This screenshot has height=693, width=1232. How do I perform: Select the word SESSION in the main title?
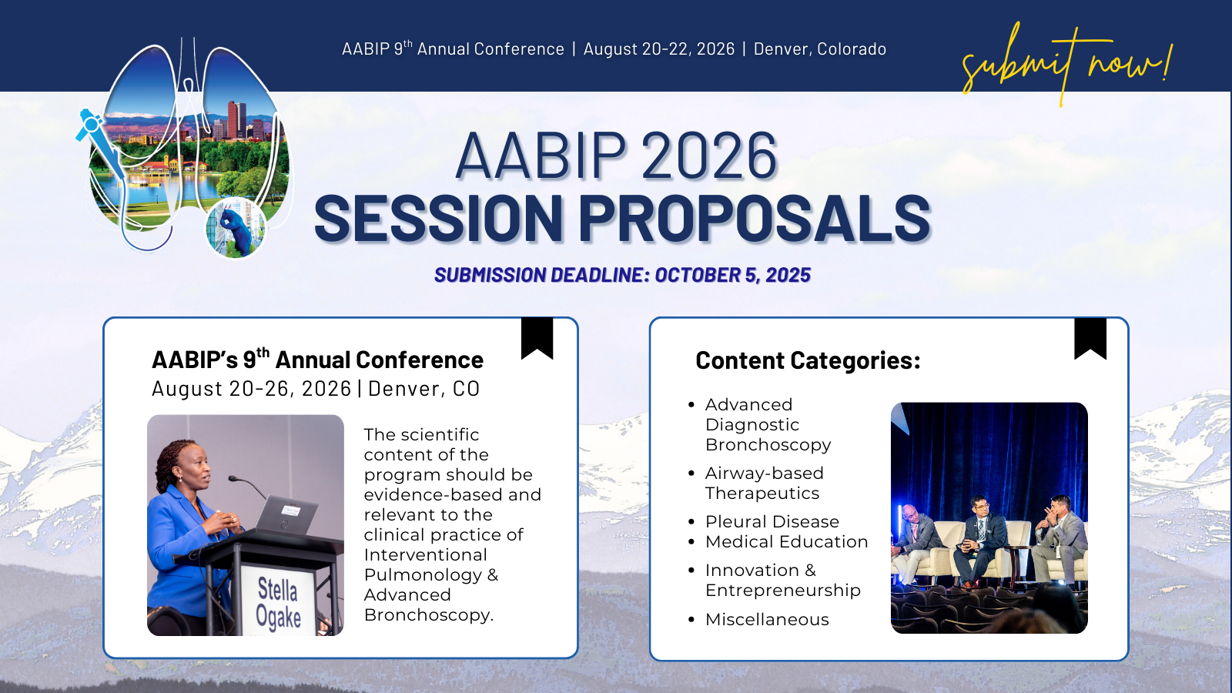tap(438, 219)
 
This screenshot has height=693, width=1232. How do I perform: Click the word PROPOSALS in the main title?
tap(754, 219)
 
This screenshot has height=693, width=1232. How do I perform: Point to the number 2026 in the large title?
tap(709, 156)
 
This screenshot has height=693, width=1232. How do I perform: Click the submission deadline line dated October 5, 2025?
tap(623, 275)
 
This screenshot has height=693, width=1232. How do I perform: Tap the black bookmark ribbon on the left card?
tap(537, 338)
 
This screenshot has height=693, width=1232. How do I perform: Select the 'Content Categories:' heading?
tap(808, 360)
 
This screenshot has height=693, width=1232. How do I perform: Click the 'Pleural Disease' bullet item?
tap(772, 521)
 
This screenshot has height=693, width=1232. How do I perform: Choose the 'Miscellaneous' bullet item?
tap(767, 619)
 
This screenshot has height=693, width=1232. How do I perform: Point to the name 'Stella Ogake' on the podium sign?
tap(278, 603)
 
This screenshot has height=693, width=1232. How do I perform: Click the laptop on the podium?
tap(286, 515)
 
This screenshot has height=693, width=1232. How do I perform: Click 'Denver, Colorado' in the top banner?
tap(819, 49)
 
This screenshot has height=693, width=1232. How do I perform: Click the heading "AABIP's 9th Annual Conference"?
tap(317, 360)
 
